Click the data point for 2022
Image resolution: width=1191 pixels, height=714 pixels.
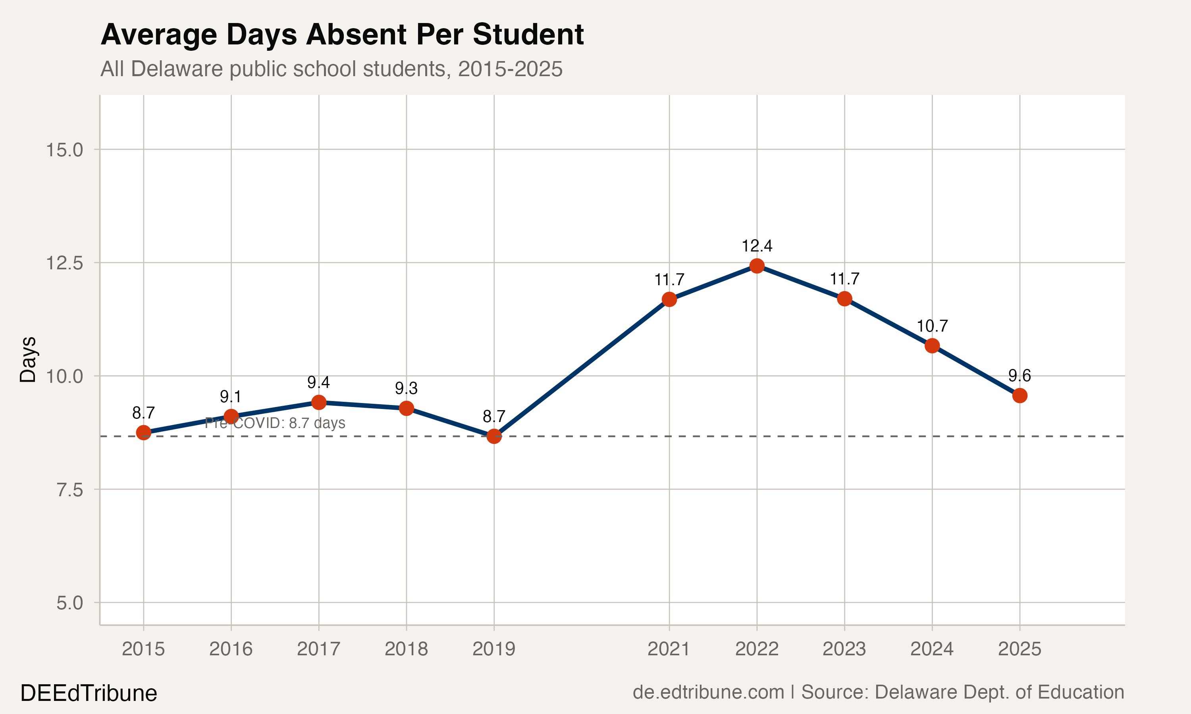pyautogui.click(x=757, y=266)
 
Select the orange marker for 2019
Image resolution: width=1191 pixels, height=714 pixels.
pyautogui.click(x=494, y=436)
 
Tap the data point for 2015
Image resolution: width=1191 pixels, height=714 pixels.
pyautogui.click(x=143, y=432)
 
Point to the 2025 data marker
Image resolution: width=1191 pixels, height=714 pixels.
pyautogui.click(x=1019, y=395)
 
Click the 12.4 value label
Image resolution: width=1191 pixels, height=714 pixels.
pyautogui.click(x=757, y=246)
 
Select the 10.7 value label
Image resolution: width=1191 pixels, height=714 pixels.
pyautogui.click(x=932, y=326)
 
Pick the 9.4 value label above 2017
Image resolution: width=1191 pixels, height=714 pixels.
pyautogui.click(x=319, y=382)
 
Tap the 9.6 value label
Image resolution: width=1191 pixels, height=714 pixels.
pyautogui.click(x=1019, y=375)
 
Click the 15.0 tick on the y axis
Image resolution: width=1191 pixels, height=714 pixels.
pyautogui.click(x=64, y=150)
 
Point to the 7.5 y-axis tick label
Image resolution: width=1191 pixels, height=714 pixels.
pyautogui.click(x=70, y=490)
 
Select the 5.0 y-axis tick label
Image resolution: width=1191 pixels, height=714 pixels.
pyautogui.click(x=70, y=603)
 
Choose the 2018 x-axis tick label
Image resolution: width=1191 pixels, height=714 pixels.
pyautogui.click(x=406, y=649)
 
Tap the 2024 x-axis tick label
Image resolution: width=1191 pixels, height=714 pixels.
pyautogui.click(x=932, y=649)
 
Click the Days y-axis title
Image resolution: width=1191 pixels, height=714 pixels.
pyautogui.click(x=28, y=360)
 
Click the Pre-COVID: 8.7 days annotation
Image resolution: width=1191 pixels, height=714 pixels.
pyautogui.click(x=275, y=423)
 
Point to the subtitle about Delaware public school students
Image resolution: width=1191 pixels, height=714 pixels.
pyautogui.click(x=331, y=69)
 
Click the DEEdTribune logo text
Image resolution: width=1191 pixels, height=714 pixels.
pyautogui.click(x=89, y=693)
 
